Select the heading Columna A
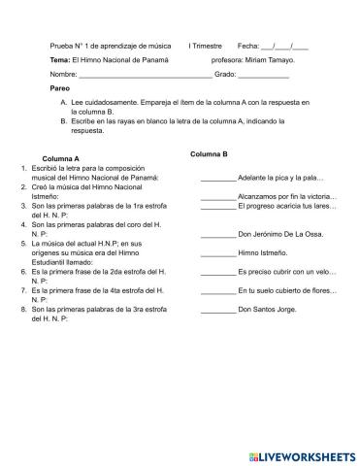click(61, 158)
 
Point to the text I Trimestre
click(205, 46)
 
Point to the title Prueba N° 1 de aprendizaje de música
click(109, 46)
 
